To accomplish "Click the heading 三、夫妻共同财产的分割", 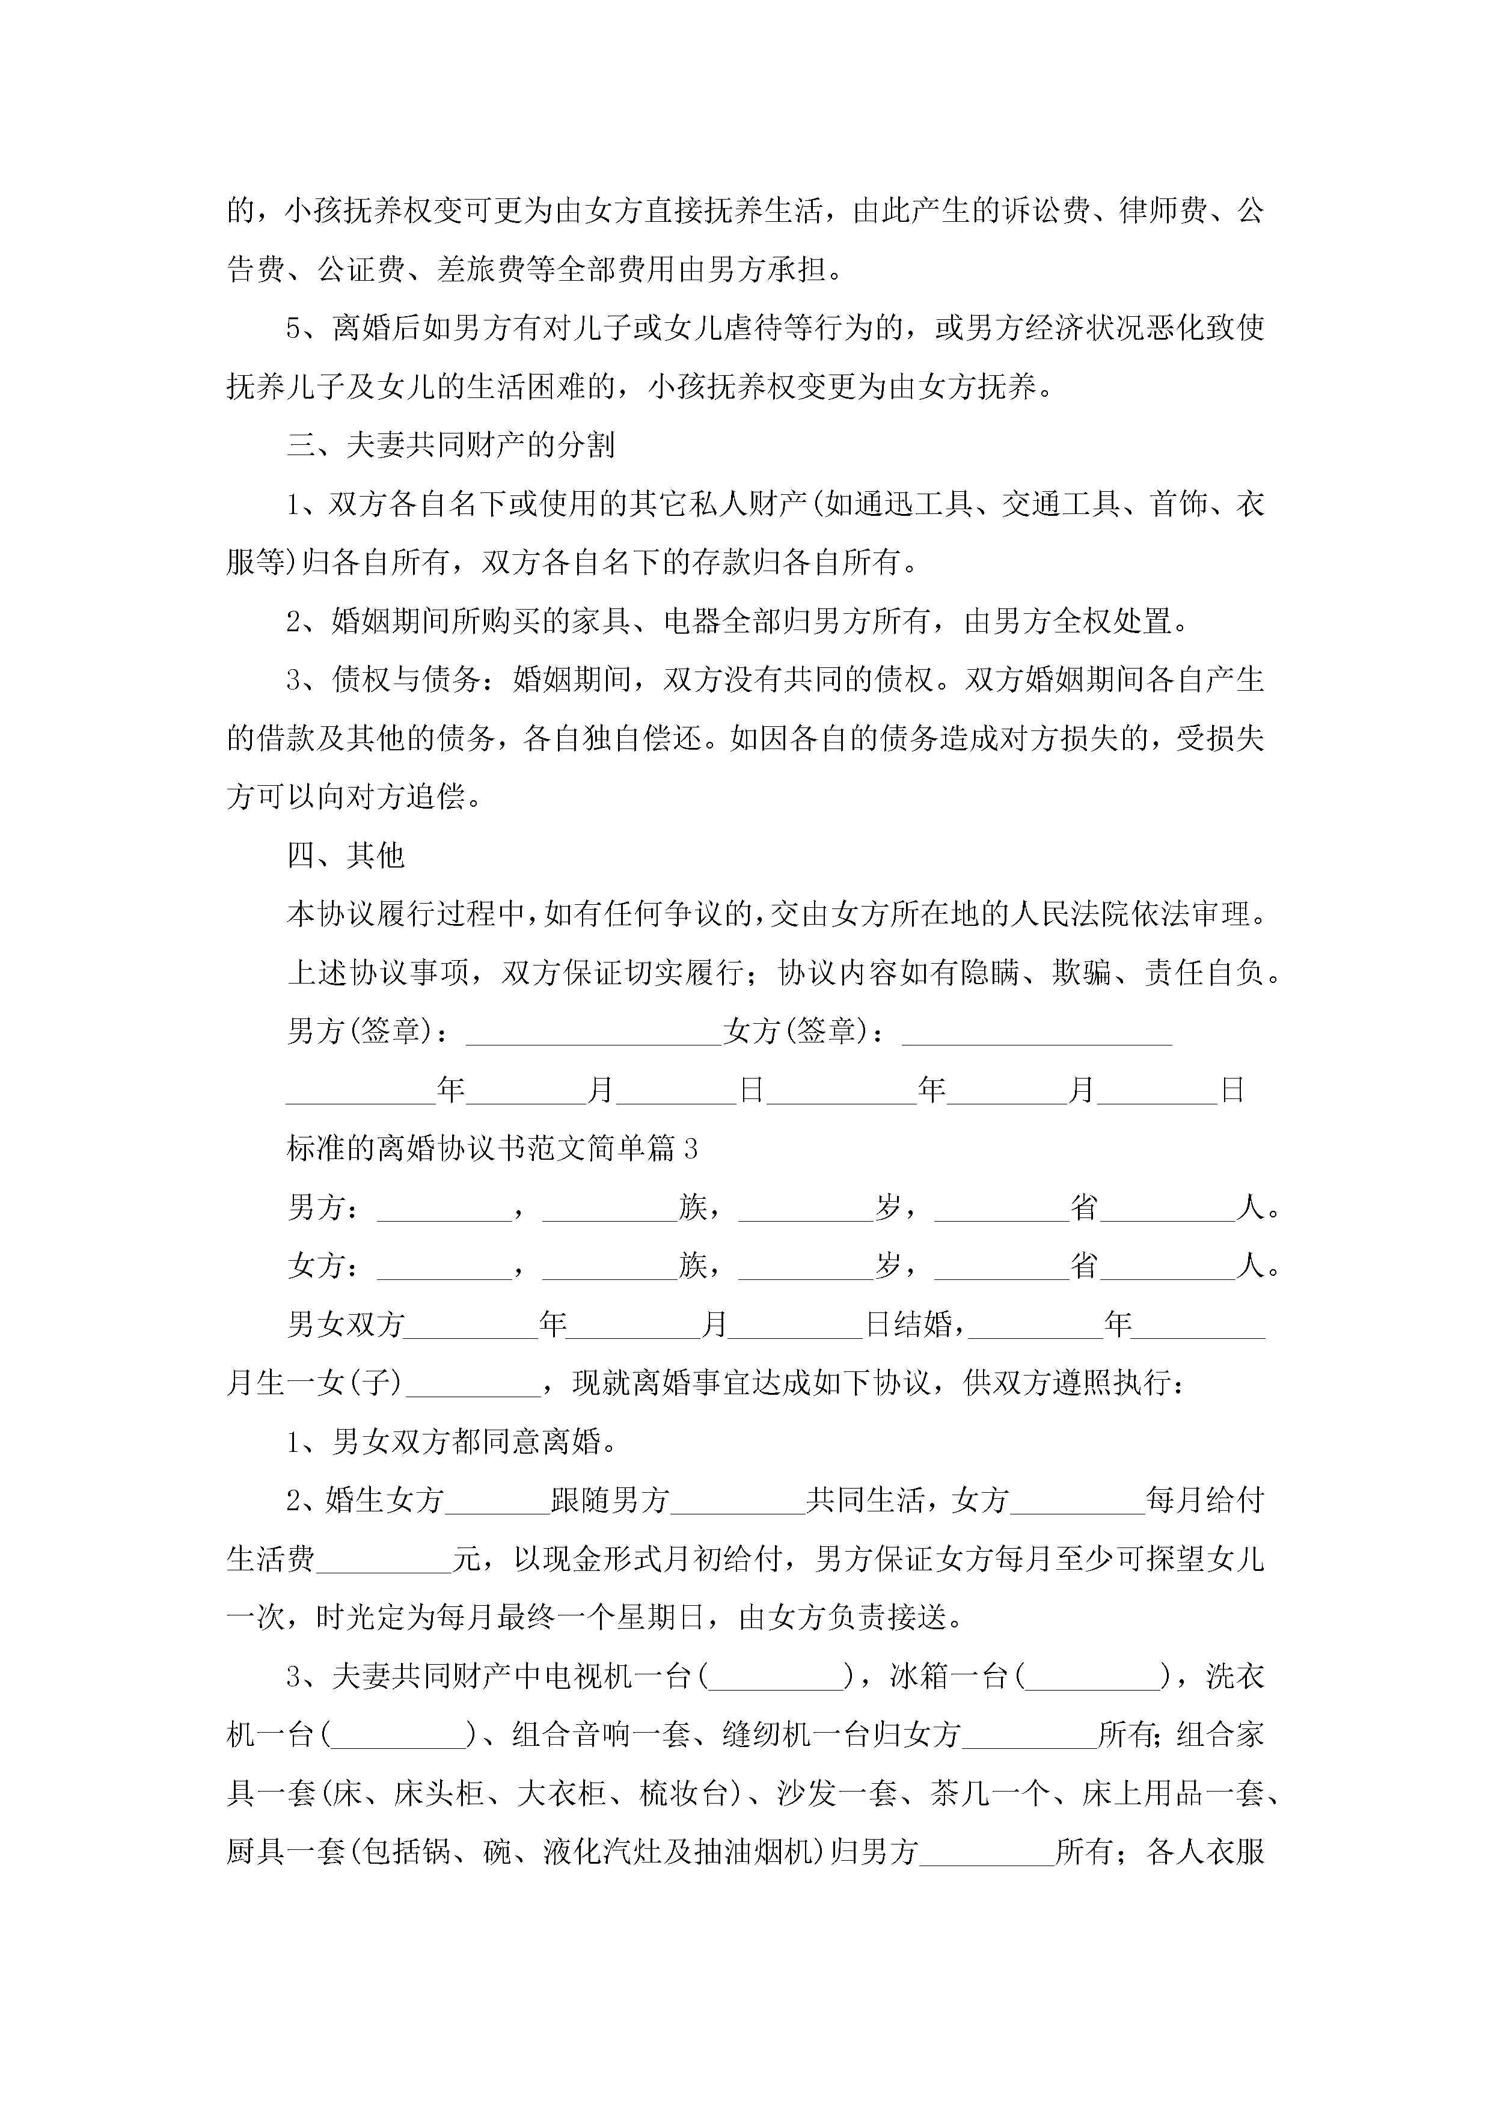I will click(x=450, y=445).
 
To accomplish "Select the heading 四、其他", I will click(x=346, y=856).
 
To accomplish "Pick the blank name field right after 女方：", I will click(x=445, y=1267).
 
